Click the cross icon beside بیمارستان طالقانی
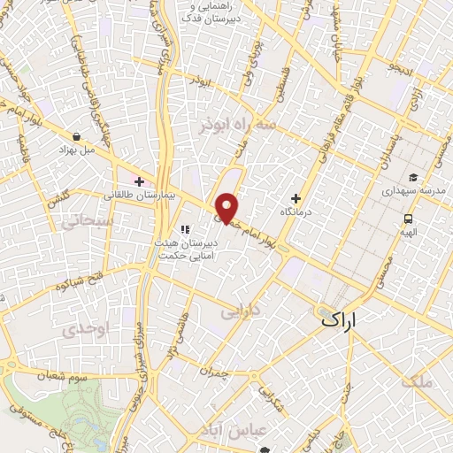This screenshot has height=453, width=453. pos(139,181)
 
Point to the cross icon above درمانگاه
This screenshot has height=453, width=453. pos(296,198)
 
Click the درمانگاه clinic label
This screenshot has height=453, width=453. pos(297,213)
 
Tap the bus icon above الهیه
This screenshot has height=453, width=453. pos(408,218)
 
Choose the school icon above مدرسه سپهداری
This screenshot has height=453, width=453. pos(413,178)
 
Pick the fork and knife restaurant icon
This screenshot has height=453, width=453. pos(185,230)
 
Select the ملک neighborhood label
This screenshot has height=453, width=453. pos(418,382)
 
